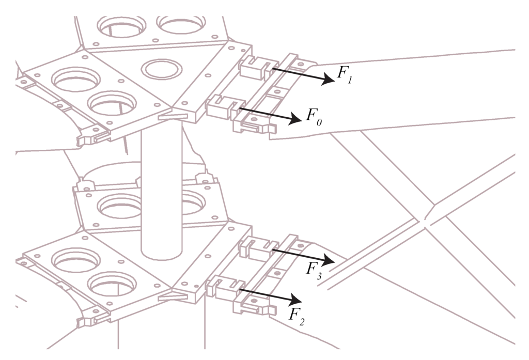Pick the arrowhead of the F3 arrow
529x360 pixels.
click(x=331, y=260)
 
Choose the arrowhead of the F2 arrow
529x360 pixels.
click(x=298, y=300)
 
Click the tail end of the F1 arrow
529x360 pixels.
click(x=272, y=68)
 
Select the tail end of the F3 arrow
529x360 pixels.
click(x=272, y=249)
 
